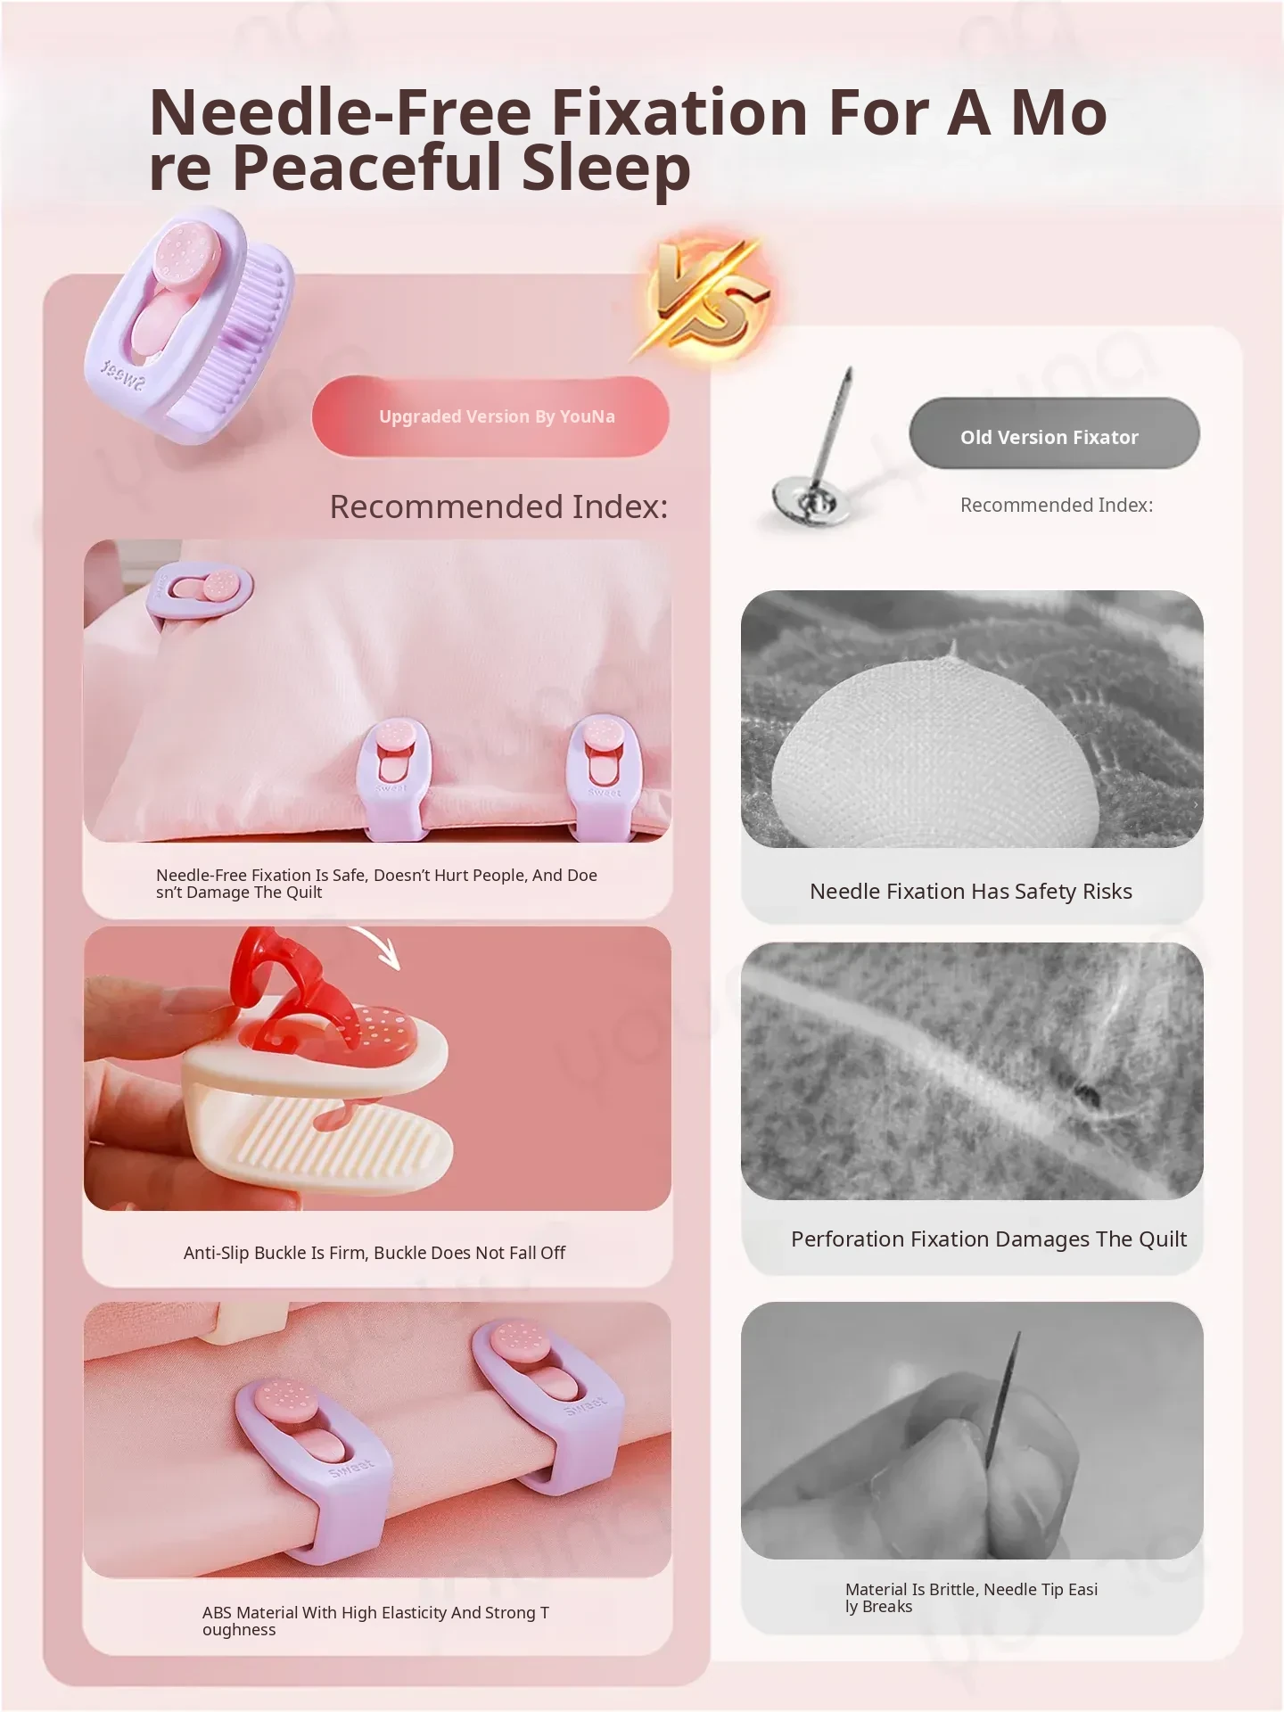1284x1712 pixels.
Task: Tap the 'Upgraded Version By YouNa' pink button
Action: click(x=490, y=416)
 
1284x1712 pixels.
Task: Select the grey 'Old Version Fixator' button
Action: click(x=1054, y=434)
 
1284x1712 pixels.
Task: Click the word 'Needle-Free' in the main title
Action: click(x=340, y=112)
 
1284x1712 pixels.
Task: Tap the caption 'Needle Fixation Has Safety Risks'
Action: click(x=971, y=892)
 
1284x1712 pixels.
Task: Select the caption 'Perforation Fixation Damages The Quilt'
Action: click(x=989, y=1239)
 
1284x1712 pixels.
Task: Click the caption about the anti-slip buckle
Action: click(x=374, y=1253)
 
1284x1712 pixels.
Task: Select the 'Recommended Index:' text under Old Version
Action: click(x=1057, y=506)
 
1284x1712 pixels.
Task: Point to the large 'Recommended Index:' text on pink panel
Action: click(x=499, y=506)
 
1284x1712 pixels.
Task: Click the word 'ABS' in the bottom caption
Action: click(x=217, y=1612)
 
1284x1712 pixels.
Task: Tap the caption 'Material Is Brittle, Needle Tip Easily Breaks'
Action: click(x=971, y=1598)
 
